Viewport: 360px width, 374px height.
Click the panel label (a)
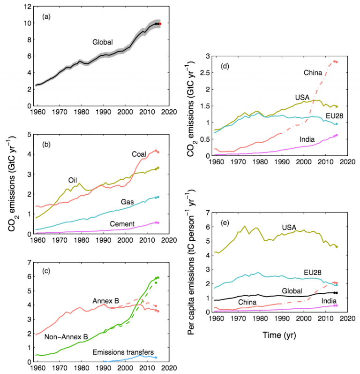[x=46, y=17]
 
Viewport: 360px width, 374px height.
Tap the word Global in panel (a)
[x=103, y=42]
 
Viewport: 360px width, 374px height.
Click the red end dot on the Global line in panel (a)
[x=160, y=23]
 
